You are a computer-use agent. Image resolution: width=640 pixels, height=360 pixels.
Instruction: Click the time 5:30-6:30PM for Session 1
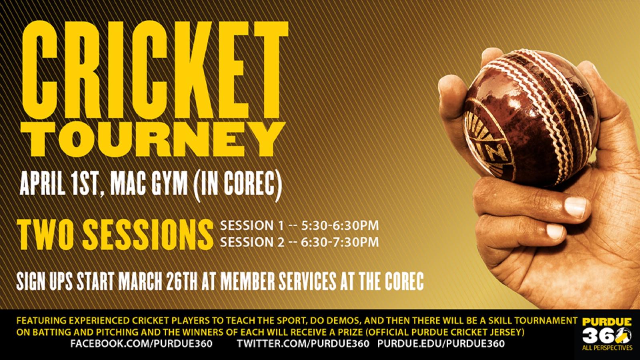340,226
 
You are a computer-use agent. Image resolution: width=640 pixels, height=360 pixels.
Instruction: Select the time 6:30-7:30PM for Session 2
340,242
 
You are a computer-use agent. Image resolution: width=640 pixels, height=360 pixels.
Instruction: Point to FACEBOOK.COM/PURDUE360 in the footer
141,344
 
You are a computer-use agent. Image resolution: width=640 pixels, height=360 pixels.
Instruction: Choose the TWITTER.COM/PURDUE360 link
303,344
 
